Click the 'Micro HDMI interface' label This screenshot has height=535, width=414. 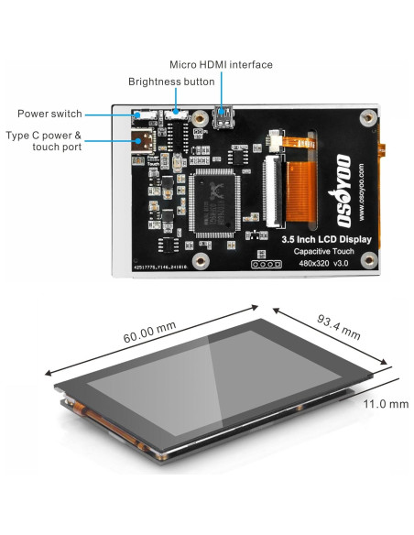click(x=222, y=64)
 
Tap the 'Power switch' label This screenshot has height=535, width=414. click(x=49, y=115)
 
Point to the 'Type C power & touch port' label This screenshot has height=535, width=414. click(x=44, y=141)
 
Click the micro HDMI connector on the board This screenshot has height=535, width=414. click(x=222, y=116)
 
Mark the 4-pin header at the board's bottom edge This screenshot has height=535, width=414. click(x=265, y=265)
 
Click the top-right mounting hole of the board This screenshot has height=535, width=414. click(x=367, y=118)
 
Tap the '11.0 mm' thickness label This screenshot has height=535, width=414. click(x=385, y=403)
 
